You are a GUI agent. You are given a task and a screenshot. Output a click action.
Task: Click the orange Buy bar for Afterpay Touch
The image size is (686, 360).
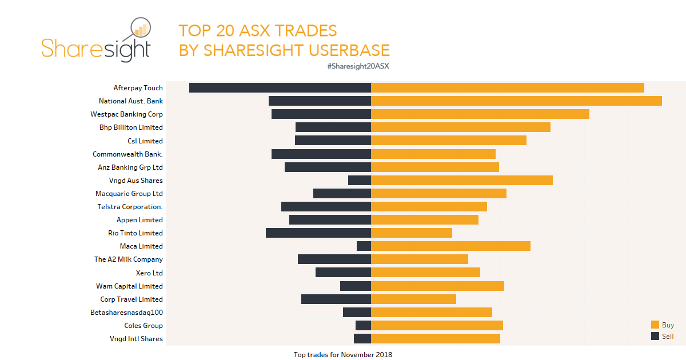pyautogui.click(x=508, y=87)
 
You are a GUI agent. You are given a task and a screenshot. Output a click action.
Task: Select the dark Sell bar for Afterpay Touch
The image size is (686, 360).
pyautogui.click(x=280, y=87)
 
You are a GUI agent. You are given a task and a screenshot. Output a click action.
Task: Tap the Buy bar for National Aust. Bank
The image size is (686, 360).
pyautogui.click(x=516, y=101)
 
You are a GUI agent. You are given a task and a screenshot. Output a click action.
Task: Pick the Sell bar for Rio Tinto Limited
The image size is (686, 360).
pyautogui.click(x=318, y=233)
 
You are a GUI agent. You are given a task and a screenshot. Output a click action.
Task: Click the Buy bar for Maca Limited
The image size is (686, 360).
pyautogui.click(x=450, y=246)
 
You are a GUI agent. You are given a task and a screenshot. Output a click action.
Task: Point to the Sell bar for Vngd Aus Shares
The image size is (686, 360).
pyautogui.click(x=360, y=180)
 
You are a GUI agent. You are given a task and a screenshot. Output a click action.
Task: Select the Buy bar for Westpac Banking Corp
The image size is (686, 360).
pyautogui.click(x=480, y=114)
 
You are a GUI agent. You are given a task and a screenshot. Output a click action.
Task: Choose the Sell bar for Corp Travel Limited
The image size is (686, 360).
pyautogui.click(x=336, y=299)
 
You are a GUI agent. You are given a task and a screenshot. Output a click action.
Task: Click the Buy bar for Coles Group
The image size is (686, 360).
pyautogui.click(x=437, y=325)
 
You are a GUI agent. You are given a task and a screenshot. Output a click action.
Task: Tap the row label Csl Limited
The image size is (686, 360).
pyautogui.click(x=145, y=141)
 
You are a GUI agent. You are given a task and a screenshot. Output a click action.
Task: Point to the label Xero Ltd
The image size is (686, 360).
pyautogui.click(x=149, y=273)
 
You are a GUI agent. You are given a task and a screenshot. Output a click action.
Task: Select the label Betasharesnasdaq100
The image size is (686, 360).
pyautogui.click(x=126, y=313)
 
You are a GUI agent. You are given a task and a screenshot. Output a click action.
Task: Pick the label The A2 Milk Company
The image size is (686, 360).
pyautogui.click(x=129, y=259)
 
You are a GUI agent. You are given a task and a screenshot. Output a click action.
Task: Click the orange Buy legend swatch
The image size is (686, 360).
pyautogui.click(x=655, y=325)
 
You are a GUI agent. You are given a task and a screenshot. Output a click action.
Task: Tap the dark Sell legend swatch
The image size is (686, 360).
pyautogui.click(x=655, y=336)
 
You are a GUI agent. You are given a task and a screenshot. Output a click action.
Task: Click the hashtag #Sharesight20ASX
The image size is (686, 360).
pyautogui.click(x=358, y=66)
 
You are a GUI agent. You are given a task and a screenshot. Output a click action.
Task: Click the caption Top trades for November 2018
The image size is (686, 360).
pyautogui.click(x=343, y=355)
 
